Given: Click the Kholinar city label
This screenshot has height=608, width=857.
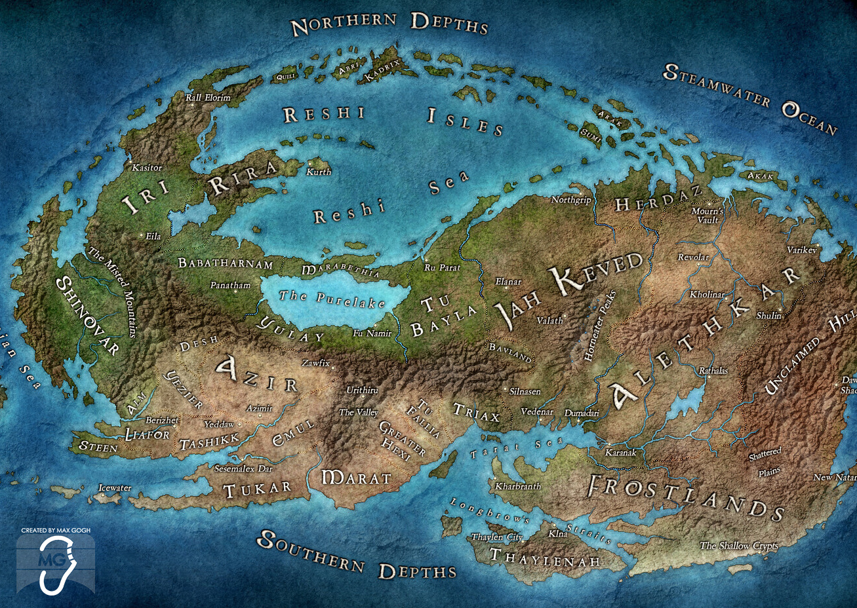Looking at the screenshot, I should [707, 295].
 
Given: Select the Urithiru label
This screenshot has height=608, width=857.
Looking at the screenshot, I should [362, 390].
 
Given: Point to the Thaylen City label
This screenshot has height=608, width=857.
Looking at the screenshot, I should [497, 537].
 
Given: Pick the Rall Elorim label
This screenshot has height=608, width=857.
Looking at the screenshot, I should [208, 98].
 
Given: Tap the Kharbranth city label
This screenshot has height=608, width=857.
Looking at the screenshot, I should [518, 486].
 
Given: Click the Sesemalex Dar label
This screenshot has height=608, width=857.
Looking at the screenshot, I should [243, 468].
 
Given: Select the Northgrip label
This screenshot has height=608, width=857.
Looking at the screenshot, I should [571, 200].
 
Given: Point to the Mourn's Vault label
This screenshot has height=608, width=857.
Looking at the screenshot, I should [708, 216].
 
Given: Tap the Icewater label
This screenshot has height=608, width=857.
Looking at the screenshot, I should [115, 487].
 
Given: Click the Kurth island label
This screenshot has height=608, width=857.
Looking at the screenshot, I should [319, 172].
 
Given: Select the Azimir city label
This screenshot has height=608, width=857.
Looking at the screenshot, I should [260, 408].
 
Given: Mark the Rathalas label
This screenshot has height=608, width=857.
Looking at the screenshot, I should [713, 371].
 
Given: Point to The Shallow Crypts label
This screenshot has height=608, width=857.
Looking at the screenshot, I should [738, 546].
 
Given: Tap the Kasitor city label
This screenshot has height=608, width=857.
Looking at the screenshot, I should [147, 168].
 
